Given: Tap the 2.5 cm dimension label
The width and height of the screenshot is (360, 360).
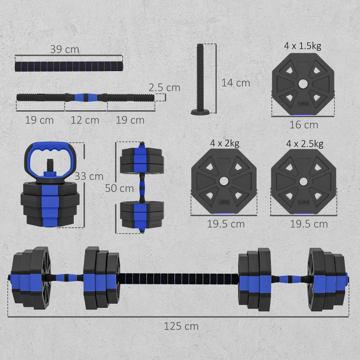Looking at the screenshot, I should [165, 87].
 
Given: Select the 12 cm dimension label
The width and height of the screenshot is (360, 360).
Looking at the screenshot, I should [85, 120].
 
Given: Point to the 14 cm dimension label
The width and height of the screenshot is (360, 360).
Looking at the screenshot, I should [235, 83].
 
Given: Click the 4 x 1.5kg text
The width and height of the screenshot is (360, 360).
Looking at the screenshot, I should [303, 46].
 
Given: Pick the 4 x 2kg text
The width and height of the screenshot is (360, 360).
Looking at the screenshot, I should [224, 144].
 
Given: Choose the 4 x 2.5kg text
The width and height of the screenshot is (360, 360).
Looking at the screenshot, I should [305, 144].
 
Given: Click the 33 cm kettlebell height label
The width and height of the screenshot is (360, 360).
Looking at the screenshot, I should [89, 176].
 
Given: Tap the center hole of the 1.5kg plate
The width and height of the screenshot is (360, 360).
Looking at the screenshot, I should [303, 84].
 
